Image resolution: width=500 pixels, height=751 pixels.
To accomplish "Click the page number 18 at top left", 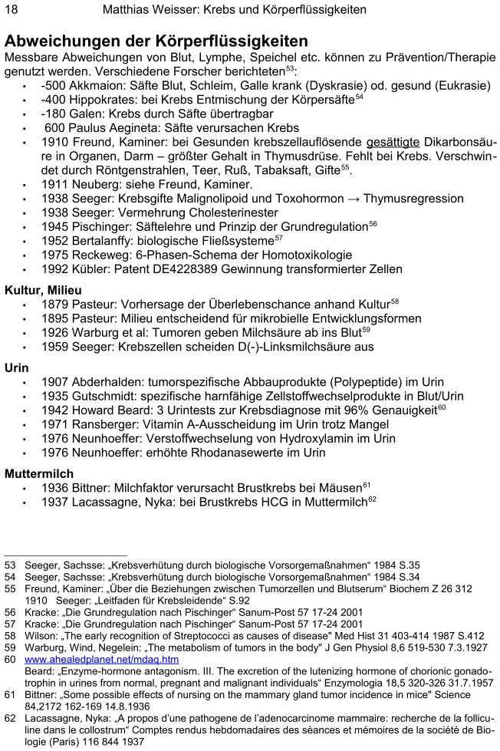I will (12, 10).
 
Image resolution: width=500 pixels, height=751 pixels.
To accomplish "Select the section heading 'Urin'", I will (17, 367).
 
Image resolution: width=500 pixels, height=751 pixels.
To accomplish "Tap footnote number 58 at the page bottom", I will (10, 635).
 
